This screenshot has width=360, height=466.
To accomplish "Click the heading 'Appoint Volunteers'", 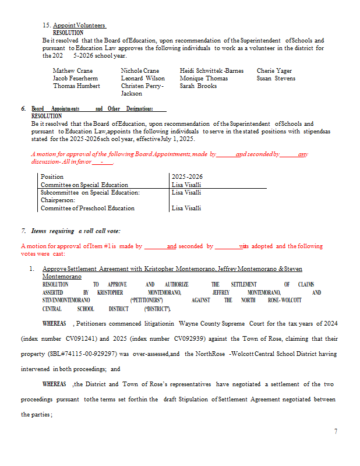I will click(79, 26).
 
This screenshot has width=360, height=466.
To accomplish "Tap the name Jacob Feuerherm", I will click(75, 79).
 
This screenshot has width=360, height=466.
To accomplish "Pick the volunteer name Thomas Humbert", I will click(76, 86).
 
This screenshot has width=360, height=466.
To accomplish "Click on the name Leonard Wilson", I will click(143, 79).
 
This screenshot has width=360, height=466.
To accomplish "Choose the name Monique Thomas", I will click(204, 79).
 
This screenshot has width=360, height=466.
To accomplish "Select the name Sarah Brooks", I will click(198, 86).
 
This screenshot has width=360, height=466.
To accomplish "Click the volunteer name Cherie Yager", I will click(274, 71).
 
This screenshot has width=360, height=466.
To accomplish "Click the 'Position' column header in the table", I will click(52, 176).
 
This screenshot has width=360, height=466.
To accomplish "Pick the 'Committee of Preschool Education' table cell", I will click(87, 208).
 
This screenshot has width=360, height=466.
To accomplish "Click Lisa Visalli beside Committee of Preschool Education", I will click(186, 208).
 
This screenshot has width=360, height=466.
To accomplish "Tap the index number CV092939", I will click(186, 338).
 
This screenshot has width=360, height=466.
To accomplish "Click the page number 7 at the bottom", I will click(336, 432).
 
